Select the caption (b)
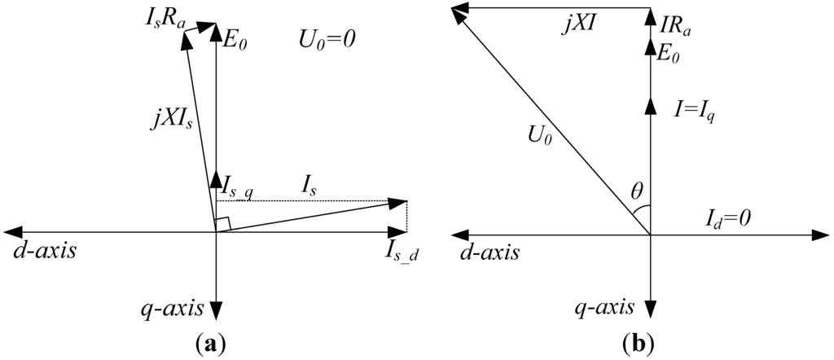[634, 343]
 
